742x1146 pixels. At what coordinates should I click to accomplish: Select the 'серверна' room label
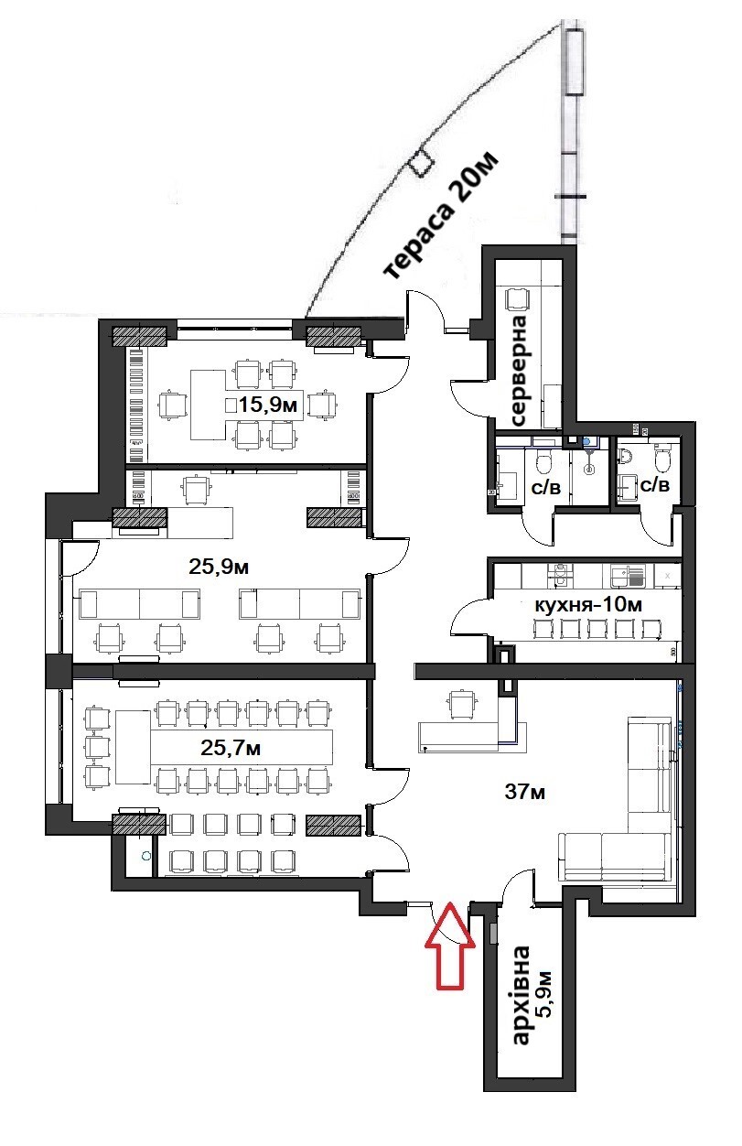(x=520, y=370)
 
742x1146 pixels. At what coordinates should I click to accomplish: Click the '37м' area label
(x=524, y=792)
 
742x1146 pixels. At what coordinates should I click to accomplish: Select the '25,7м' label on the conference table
(x=231, y=748)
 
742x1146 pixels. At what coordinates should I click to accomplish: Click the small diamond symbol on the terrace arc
(x=421, y=162)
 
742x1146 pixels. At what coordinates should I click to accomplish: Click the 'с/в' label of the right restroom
(x=653, y=485)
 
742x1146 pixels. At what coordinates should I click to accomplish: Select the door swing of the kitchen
(x=468, y=615)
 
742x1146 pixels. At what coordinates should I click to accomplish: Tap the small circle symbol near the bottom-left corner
(x=145, y=857)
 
